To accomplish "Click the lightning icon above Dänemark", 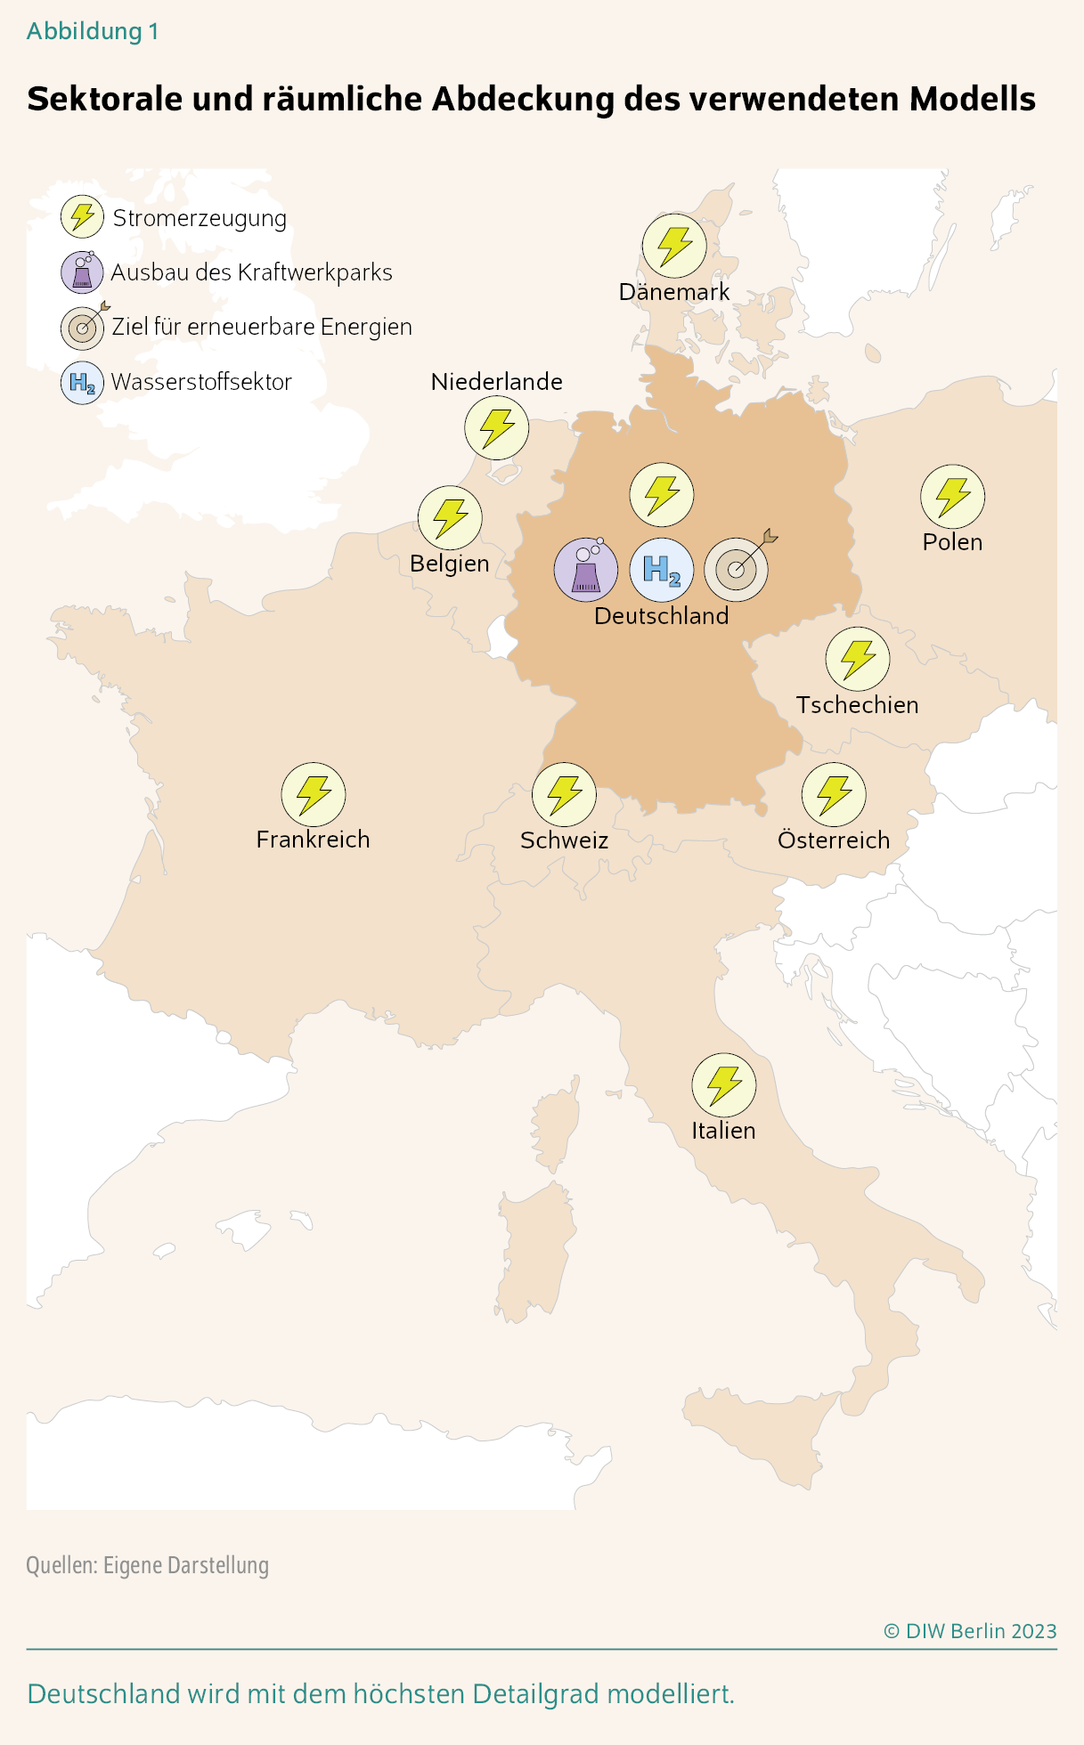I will [x=674, y=246].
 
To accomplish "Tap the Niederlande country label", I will [x=496, y=382].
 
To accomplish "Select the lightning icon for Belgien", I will [x=450, y=517].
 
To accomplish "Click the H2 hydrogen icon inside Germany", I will [x=661, y=570].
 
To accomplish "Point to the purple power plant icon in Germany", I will [x=585, y=570].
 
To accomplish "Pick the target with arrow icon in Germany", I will [x=737, y=569].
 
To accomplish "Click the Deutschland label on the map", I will [x=661, y=616].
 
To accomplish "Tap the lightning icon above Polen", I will [x=952, y=496].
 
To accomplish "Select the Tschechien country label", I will [x=857, y=705].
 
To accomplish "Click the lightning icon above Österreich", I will [x=834, y=794].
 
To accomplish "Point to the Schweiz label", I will [x=564, y=840].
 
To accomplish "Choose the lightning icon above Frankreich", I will [x=313, y=794].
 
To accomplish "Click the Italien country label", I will [x=723, y=1131].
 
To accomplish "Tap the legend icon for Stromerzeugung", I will [x=82, y=217].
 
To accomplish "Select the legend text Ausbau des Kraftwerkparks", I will [x=251, y=272].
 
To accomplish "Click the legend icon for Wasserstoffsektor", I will [x=82, y=383].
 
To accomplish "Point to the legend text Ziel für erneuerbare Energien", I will [x=262, y=327].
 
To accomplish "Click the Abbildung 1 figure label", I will [x=93, y=32].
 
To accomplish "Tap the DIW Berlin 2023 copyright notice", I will [x=970, y=1631].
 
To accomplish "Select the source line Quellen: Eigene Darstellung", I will [x=148, y=1565].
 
